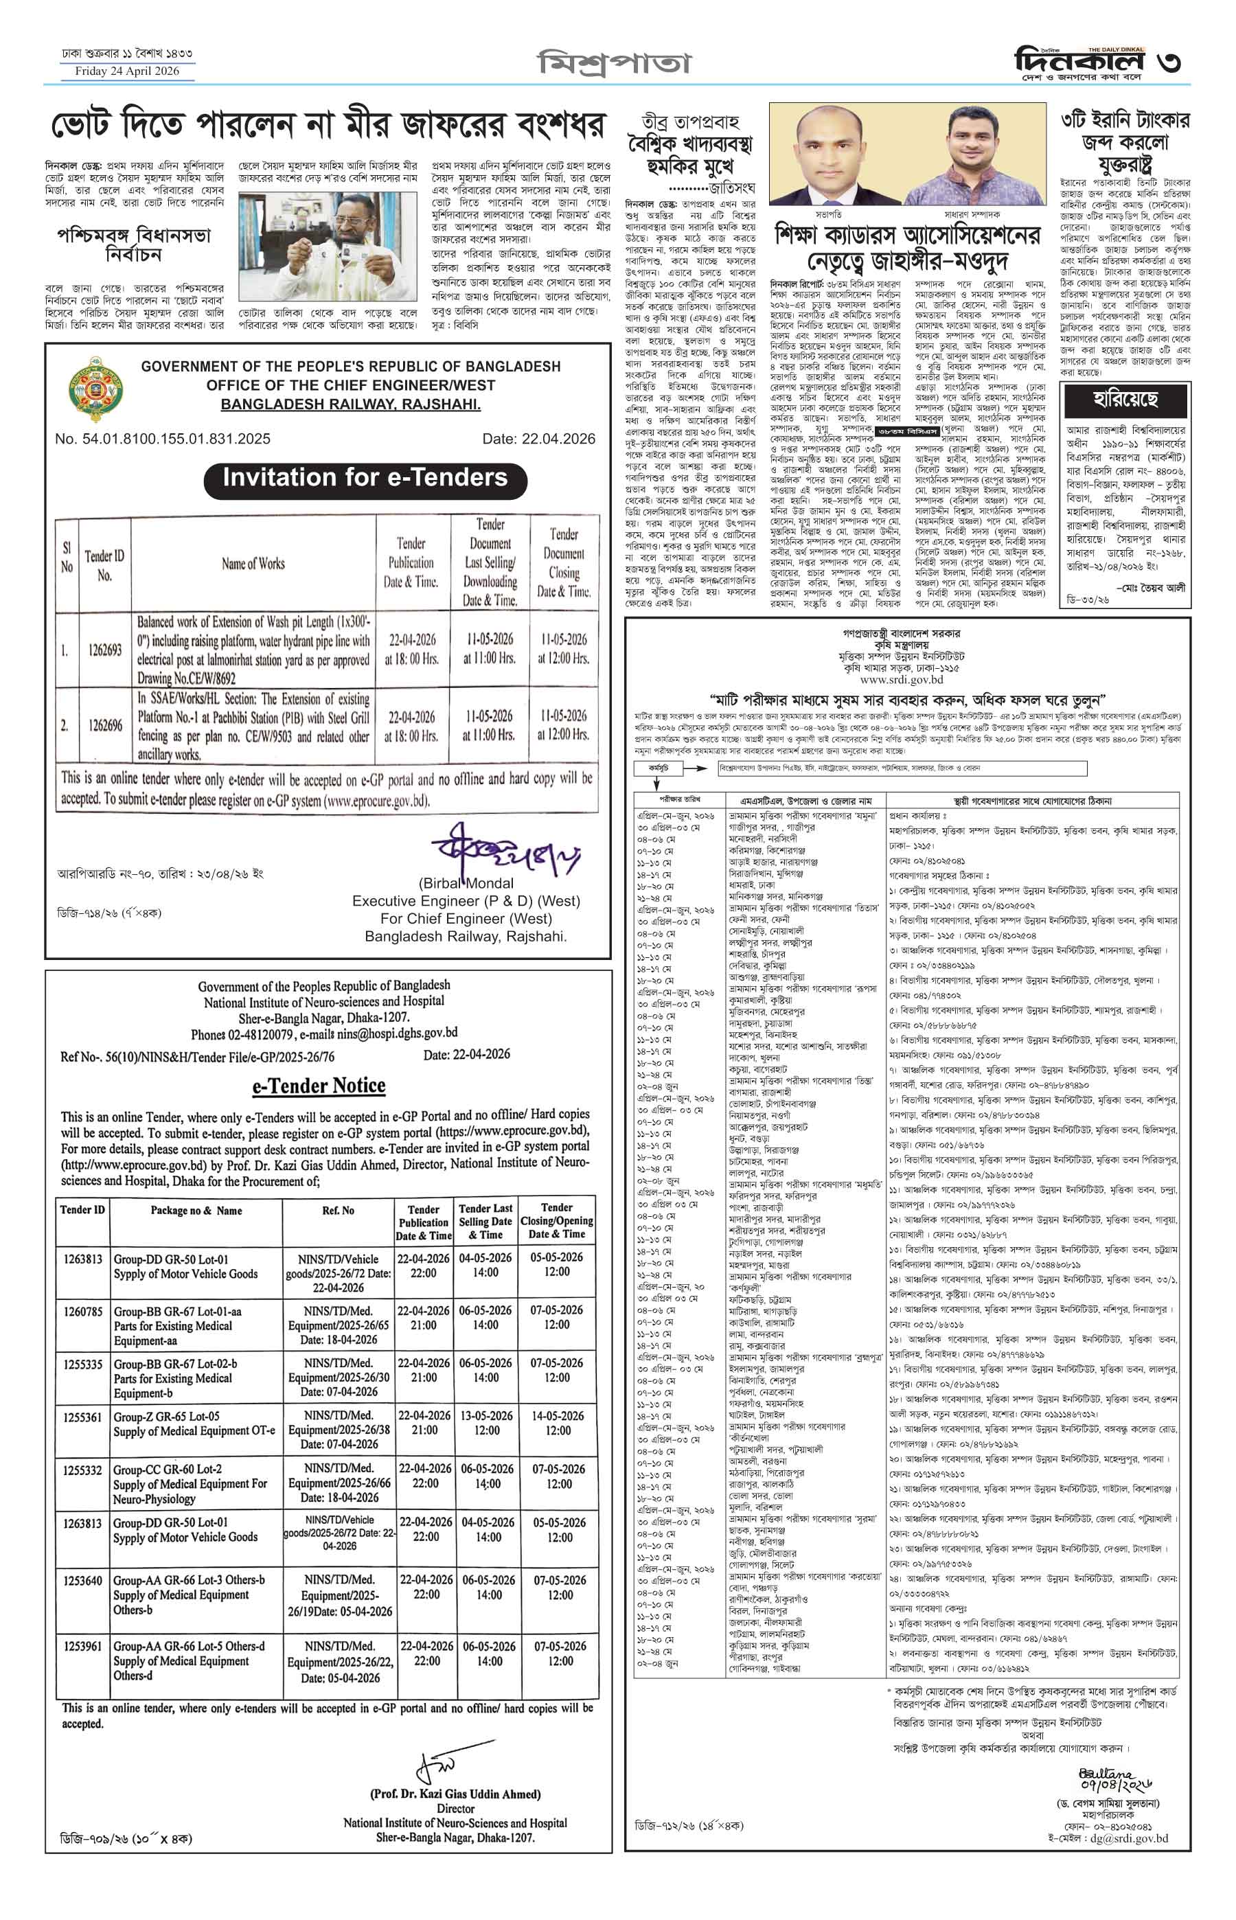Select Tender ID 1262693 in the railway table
pyautogui.click(x=105, y=650)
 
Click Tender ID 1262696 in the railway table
pyautogui.click(x=105, y=725)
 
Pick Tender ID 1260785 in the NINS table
pyautogui.click(x=82, y=1311)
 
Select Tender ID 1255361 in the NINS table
pyautogui.click(x=82, y=1417)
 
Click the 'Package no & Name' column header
pyautogui.click(x=196, y=1211)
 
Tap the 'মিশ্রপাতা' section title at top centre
pyautogui.click(x=614, y=62)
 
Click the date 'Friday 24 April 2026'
pyautogui.click(x=127, y=71)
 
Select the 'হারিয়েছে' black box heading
pyautogui.click(x=1125, y=399)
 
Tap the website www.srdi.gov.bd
pyautogui.click(x=902, y=679)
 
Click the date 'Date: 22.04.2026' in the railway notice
pyautogui.click(x=538, y=439)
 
